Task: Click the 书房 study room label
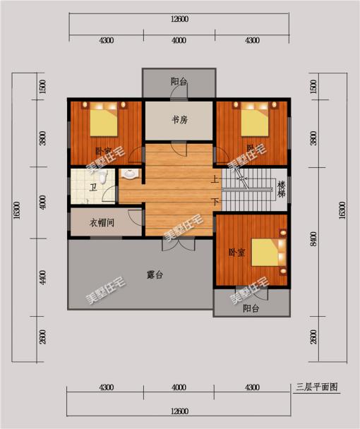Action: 179,119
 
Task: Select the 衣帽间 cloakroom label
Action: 102,222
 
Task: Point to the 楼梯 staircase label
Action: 282,189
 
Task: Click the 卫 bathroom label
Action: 92,188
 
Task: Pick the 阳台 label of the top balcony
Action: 179,82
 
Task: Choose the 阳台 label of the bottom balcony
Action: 251,308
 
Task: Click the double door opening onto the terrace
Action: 178,243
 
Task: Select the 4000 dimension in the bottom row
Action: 179,388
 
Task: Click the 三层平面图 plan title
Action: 317,387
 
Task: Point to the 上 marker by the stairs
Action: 214,179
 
